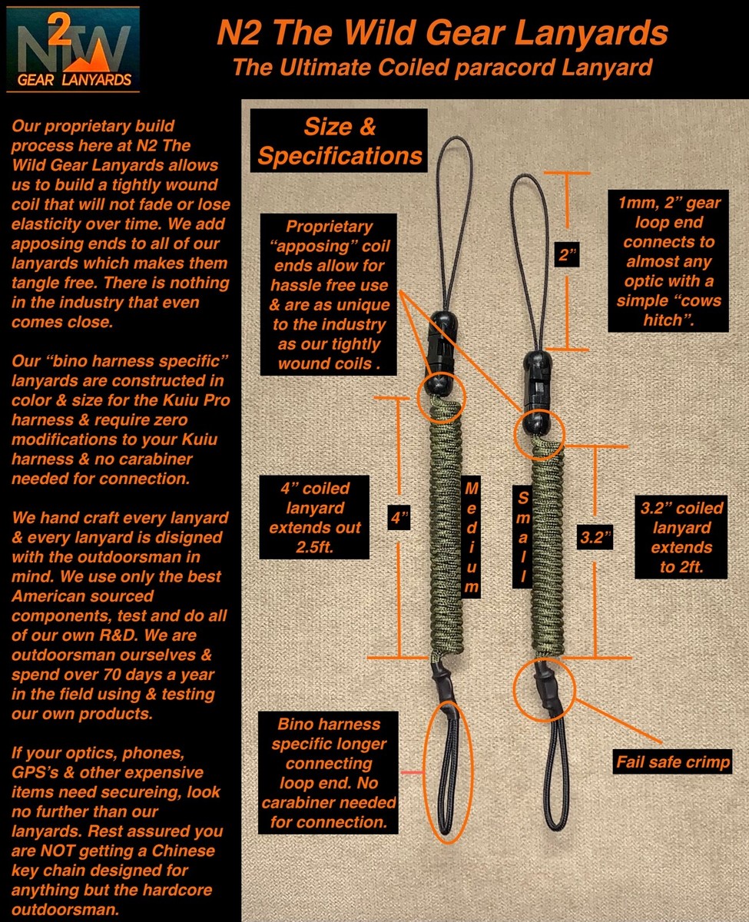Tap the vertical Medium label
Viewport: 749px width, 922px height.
(472, 538)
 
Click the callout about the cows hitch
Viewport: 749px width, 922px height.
(669, 260)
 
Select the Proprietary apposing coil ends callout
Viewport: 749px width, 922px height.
(329, 294)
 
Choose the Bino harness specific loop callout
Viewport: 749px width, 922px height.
(329, 774)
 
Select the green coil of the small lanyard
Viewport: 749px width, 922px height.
(546, 553)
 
